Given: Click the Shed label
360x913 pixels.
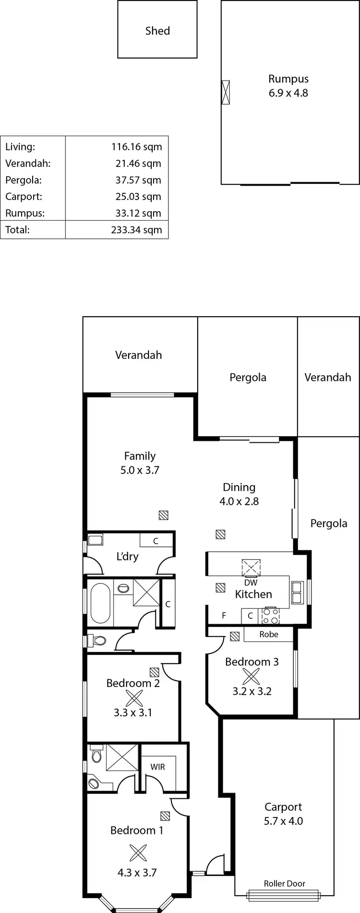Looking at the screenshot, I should tap(157, 31).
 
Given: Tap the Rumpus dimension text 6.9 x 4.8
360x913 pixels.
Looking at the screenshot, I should tap(288, 93).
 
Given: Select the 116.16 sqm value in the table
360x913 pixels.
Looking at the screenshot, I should tap(136, 147).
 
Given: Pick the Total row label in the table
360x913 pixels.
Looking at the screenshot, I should tap(17, 230).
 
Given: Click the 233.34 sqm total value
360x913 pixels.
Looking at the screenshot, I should tap(136, 230).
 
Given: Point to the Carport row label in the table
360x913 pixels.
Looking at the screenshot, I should tap(24, 197).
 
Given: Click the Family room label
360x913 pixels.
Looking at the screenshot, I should tap(140, 456).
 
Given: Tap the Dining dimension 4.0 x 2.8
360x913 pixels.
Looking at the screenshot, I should tap(239, 501).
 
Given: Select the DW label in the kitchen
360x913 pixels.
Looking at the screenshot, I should tap(251, 582).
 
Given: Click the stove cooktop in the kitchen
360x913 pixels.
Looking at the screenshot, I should tap(270, 616).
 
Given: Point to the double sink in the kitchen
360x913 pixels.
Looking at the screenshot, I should tap(297, 593).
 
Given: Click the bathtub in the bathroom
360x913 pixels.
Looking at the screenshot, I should tap(100, 603).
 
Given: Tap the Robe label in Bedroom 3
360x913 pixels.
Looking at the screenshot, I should tap(268, 634).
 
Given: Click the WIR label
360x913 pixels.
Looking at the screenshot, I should tap(157, 767).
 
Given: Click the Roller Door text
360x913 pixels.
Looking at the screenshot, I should tap(284, 883).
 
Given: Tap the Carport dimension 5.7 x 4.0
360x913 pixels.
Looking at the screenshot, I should tap(283, 821).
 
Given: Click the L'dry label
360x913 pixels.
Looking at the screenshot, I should tap(127, 557).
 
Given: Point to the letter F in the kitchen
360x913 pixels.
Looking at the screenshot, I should tap(224, 615).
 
